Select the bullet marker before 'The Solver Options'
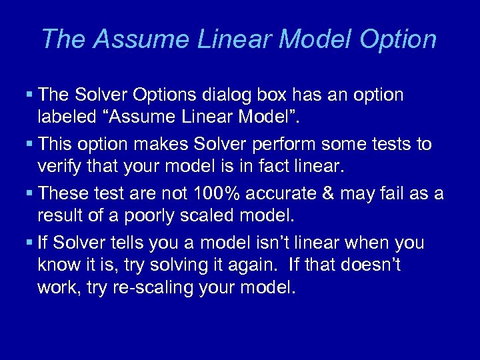[31, 95]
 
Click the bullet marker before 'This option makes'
[31, 145]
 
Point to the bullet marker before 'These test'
[31, 194]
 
